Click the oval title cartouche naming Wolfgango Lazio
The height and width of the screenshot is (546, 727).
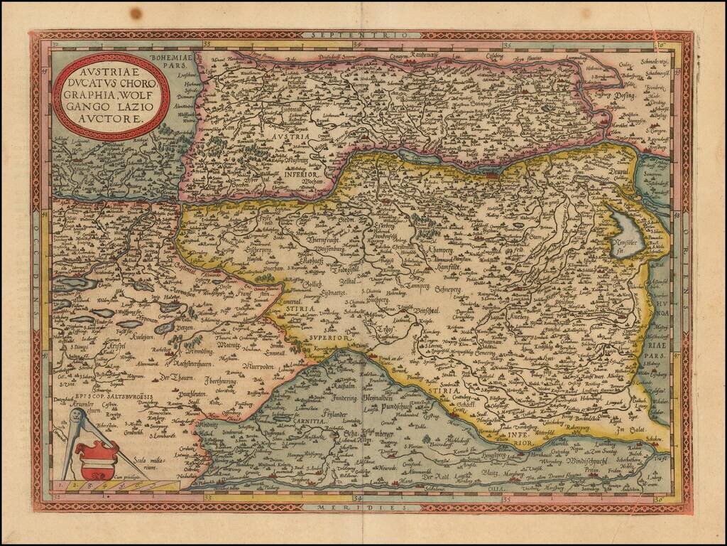(111, 96)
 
